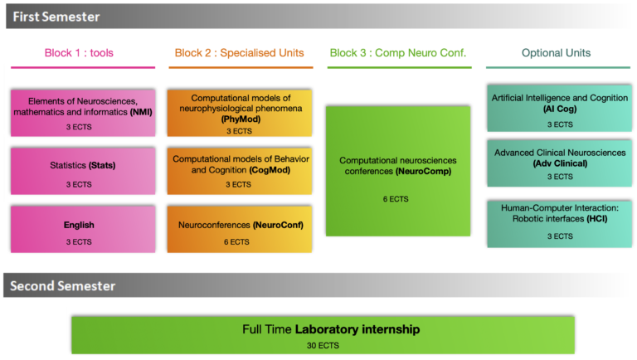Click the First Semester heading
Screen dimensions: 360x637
tap(56, 16)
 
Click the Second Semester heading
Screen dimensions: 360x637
tap(62, 286)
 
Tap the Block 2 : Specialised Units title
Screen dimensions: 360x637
tap(239, 53)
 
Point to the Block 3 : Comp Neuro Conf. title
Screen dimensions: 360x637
tap(398, 53)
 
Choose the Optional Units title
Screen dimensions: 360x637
tap(556, 53)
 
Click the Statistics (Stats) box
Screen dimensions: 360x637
tap(82, 171)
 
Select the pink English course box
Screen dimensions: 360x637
tap(82, 230)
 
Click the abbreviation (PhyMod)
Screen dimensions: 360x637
tap(240, 119)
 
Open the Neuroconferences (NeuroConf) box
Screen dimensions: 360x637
tap(240, 229)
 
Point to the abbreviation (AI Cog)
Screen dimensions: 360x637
tap(559, 109)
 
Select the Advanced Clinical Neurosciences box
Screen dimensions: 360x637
tap(559, 163)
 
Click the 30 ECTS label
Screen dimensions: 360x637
tap(323, 345)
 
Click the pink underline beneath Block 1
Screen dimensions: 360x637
tap(82, 67)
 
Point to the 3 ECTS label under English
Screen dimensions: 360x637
tap(80, 241)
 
